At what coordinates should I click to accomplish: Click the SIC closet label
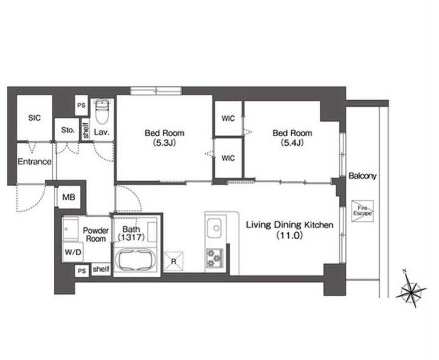point(34,118)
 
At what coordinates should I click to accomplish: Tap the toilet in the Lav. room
point(101,111)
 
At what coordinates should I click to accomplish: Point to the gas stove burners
point(214,257)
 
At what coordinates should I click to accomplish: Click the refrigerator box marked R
point(173,262)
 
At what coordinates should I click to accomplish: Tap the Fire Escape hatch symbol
point(363,211)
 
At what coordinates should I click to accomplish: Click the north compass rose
point(411,292)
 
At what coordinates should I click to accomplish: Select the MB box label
point(68,197)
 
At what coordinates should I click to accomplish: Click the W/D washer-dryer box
point(73,252)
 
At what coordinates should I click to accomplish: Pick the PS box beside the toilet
point(81,106)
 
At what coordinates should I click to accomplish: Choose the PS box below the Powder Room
point(82,271)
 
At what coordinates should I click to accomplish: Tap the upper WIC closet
point(228,118)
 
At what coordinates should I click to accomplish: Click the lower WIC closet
point(228,158)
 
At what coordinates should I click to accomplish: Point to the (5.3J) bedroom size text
point(164,143)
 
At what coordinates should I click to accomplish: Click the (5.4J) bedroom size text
point(292,143)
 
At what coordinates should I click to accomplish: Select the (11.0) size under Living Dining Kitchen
point(290,236)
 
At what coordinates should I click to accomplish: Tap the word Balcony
point(362,176)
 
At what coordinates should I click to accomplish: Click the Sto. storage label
point(68,130)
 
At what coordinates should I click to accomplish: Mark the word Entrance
point(34,162)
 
